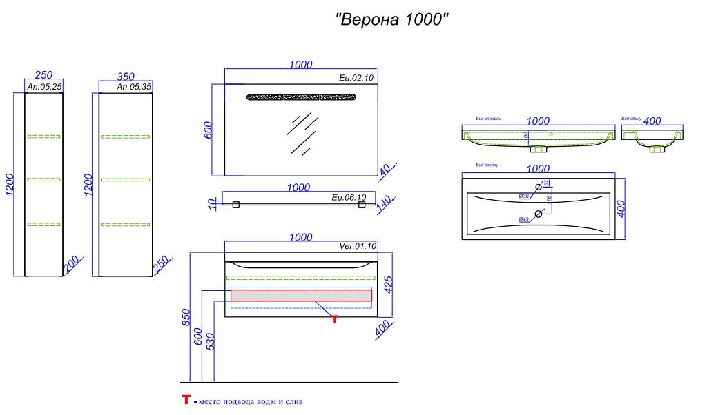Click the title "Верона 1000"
coord(393,19)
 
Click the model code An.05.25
coord(44,88)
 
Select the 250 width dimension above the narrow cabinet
coord(44,76)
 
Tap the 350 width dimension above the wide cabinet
coord(126,76)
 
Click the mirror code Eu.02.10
coord(356,79)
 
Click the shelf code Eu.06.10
coord(349,198)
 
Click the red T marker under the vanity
coord(335,318)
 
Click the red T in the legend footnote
coord(186,400)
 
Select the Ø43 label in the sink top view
coord(523,220)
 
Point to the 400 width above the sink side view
coord(652,121)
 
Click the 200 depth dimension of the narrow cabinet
coord(72,265)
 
